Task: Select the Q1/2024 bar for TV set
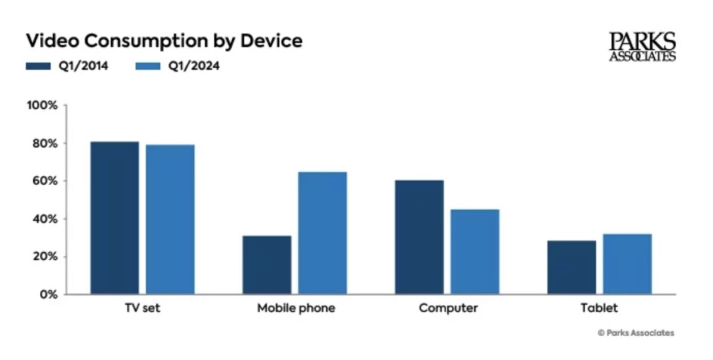coord(170,219)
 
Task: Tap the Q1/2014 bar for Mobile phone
coord(267,265)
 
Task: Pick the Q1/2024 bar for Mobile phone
coord(322,233)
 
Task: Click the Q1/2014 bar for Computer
coord(419,237)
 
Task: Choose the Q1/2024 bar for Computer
coord(475,251)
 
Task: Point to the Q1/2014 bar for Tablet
coord(572,267)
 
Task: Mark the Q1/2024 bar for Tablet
coord(627,264)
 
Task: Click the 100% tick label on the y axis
coord(42,106)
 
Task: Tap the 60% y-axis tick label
coord(44,181)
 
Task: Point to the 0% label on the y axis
coord(48,295)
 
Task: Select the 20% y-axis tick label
coord(44,257)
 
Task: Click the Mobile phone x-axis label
coord(296,308)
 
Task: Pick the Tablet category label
coord(599,308)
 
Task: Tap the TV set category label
coord(143,308)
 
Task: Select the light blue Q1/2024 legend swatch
coord(149,66)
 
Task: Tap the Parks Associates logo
coord(642,47)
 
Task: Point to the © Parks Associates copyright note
coord(636,333)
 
